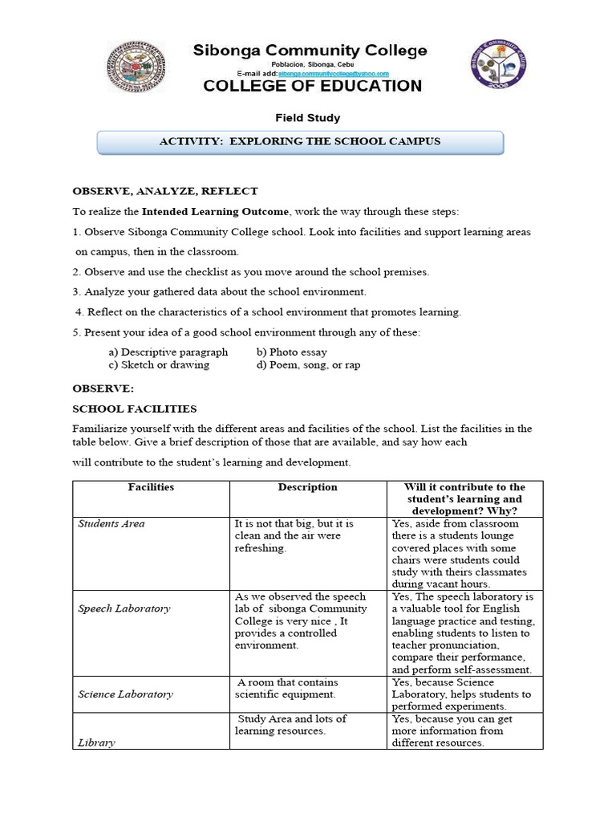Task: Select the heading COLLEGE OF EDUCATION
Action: point(312,87)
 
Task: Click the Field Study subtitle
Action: point(307,118)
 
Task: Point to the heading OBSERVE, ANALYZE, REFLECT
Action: point(165,191)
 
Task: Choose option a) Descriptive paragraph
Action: point(168,352)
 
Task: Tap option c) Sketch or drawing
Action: point(159,364)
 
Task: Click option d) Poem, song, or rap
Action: point(309,364)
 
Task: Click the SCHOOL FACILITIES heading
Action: point(135,409)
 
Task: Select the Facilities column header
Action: point(151,487)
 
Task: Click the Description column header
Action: point(307,487)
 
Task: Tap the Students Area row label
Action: point(111,523)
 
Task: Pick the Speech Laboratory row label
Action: point(124,608)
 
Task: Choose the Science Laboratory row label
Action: point(125,694)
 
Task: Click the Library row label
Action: point(96,743)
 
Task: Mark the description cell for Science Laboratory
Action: point(286,688)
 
